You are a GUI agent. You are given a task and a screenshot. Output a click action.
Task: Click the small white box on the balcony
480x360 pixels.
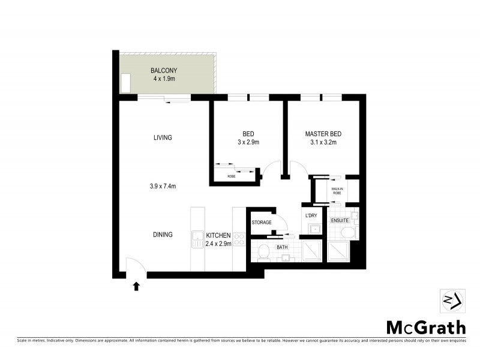click(126, 83)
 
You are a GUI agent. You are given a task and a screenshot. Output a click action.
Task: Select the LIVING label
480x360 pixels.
click(163, 137)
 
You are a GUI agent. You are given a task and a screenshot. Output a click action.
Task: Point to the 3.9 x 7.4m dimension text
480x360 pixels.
click(163, 186)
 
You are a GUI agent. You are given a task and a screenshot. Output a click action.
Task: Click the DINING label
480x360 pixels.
click(163, 235)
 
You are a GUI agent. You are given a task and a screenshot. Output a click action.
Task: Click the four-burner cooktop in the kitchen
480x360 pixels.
click(238, 239)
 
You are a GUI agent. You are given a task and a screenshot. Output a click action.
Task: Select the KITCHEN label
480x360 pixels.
click(217, 235)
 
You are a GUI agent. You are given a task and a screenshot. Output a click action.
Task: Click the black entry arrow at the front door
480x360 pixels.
click(136, 286)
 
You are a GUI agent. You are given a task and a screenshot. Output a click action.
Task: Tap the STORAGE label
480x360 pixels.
click(262, 223)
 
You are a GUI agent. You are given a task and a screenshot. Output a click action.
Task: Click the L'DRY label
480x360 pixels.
click(311, 215)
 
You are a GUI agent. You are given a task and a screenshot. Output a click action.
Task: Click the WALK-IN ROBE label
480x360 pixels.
click(337, 191)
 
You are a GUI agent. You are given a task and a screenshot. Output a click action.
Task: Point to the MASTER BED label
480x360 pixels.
click(323, 134)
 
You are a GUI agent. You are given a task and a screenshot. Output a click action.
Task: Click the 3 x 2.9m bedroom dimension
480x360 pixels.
click(248, 142)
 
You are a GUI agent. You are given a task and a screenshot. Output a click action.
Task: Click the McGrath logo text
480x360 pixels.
click(425, 328)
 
